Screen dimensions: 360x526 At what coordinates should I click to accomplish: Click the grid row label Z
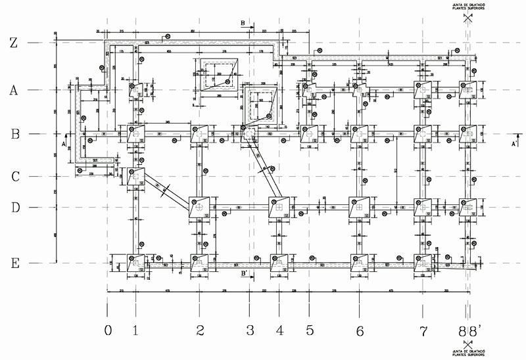pos(13,43)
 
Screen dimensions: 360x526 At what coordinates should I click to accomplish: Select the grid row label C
pos(14,177)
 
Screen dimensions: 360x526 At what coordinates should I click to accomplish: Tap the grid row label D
pos(14,208)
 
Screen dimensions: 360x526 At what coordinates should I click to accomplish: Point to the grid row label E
pos(14,263)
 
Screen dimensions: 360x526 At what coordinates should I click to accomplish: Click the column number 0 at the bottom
pos(108,330)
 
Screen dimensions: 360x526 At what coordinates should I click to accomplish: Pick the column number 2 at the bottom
pos(201,330)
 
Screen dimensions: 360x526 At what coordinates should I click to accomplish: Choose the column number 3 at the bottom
pos(249,330)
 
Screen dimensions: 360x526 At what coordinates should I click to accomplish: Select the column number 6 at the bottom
pos(359,330)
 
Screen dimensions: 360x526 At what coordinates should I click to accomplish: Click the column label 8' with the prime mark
pos(474,330)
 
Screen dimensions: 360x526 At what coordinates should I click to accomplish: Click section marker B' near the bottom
pos(244,273)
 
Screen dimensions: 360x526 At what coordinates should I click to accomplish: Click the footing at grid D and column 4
pos(279,207)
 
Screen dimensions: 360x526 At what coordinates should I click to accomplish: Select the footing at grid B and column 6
pos(359,133)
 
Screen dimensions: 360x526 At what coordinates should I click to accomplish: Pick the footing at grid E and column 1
pos(136,263)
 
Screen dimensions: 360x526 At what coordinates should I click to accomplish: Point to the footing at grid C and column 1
pos(135,176)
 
